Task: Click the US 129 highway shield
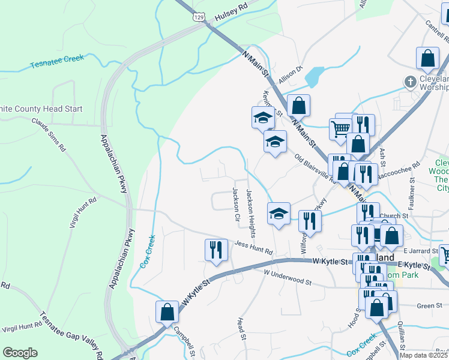point(197,17)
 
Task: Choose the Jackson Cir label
point(235,203)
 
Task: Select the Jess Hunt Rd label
point(254,248)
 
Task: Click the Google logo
point(20,353)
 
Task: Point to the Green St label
point(430,305)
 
